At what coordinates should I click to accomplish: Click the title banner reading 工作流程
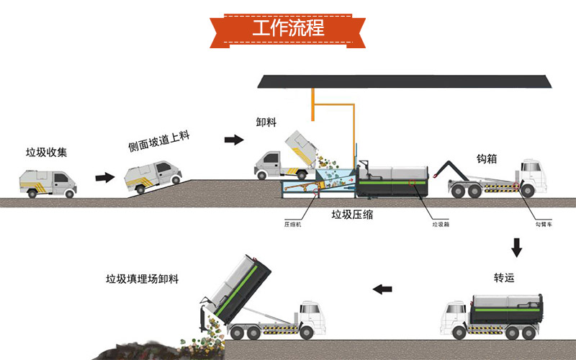coord(288,30)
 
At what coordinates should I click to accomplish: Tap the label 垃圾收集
coord(46,153)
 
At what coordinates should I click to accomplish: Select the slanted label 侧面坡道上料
coord(158,141)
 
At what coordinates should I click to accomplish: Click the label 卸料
coord(266,122)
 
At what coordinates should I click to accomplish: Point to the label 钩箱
coord(487,158)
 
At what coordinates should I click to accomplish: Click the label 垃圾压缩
coord(352,215)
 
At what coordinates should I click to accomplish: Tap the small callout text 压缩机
coord(292,224)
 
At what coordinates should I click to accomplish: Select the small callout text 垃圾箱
coord(441,224)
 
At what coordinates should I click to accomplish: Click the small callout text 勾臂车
coord(544,224)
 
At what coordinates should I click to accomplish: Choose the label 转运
coord(504,278)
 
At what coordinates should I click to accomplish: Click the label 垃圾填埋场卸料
coord(142,279)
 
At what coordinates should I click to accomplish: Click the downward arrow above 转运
coord(516,248)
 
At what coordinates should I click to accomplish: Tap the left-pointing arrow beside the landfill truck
coord(382,289)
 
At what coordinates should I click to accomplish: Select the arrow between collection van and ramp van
coord(105,177)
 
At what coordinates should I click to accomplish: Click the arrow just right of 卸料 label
coord(234,140)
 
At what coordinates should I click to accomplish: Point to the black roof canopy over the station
coord(405,81)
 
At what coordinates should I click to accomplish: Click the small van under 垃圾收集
coord(48,184)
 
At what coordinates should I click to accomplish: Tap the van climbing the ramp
coord(153,177)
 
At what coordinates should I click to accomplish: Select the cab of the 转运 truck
coord(455,316)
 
